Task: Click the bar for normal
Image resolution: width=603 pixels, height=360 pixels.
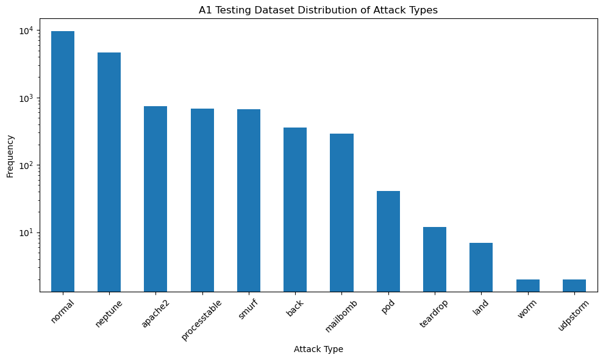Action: (63, 161)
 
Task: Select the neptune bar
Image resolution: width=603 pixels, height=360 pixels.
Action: (109, 172)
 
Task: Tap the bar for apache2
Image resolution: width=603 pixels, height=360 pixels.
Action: (155, 199)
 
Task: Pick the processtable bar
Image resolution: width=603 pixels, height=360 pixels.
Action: (202, 200)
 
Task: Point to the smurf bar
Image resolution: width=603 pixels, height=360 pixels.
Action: (249, 200)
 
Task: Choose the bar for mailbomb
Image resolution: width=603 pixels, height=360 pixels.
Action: (341, 212)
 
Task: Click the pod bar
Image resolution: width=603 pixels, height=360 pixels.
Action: (388, 241)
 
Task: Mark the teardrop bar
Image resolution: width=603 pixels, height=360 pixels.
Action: (435, 259)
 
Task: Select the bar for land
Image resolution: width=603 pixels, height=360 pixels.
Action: (481, 267)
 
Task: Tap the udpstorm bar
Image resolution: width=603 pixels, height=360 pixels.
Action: (574, 286)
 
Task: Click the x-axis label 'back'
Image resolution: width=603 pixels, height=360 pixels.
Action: (294, 308)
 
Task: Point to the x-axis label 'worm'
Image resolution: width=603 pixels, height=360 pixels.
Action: (526, 309)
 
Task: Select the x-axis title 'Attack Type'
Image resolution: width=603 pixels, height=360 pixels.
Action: (318, 349)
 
